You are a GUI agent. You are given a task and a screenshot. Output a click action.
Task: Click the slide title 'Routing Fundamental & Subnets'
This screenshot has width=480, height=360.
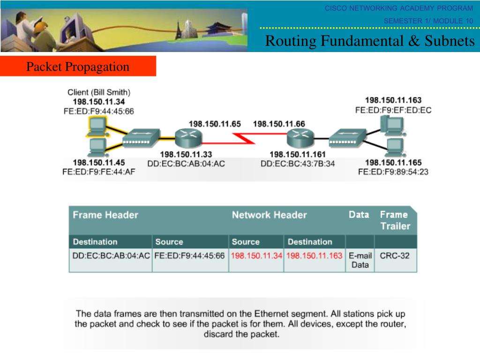coord(370,41)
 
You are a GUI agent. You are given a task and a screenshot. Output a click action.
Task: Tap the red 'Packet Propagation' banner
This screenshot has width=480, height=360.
coord(78,67)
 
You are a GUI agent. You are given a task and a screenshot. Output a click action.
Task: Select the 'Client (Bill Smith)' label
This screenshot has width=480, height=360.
coord(99,92)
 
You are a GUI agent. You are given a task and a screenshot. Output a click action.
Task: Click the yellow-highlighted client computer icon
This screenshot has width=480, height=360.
coord(97,125)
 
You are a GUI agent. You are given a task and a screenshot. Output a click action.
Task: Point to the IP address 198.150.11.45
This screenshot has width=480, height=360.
coord(99,163)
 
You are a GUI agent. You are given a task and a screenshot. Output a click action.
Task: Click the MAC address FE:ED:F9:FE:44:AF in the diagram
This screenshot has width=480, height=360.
coord(99,172)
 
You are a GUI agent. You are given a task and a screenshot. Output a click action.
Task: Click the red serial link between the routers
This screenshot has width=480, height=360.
coord(244,138)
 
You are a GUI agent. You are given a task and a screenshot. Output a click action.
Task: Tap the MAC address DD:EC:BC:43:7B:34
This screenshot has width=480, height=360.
coord(298,163)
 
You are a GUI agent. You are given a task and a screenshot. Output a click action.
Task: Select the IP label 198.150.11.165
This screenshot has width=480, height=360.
coord(393,163)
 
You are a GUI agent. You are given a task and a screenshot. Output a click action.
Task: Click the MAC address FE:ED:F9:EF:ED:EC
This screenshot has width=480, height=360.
coord(393,110)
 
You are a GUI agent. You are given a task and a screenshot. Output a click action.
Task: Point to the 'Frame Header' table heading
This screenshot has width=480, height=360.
coord(105,215)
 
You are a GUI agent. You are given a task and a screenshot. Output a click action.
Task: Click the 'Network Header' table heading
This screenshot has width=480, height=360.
coord(269,215)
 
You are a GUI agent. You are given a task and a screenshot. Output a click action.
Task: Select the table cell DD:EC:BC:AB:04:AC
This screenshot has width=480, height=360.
coord(111,256)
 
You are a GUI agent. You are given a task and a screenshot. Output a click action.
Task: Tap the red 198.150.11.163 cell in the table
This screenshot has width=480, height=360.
coord(314,256)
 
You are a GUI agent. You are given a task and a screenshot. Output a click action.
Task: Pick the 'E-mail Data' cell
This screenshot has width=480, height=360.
coord(360,261)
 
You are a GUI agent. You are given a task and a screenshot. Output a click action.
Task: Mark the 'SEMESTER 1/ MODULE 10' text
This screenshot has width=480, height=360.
coord(428,21)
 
